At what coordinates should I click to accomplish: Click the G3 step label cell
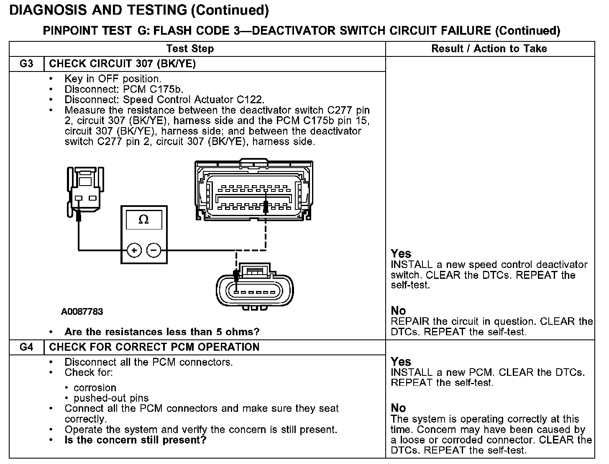(26, 64)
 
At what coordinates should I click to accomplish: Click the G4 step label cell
(26, 347)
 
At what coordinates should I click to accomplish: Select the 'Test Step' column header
(190, 49)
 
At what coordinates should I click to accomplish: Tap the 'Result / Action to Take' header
(489, 49)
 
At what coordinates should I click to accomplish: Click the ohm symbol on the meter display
(143, 219)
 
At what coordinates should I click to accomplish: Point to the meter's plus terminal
(134, 251)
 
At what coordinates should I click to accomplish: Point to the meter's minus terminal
(154, 251)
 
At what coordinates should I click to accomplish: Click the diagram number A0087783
(82, 312)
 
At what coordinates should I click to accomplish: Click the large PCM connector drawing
(254, 190)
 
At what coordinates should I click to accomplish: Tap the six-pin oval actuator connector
(255, 288)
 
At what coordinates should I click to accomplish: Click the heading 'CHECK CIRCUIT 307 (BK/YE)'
(123, 64)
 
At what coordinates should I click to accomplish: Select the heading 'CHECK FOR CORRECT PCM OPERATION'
(154, 347)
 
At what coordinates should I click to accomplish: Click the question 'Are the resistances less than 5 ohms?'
(162, 332)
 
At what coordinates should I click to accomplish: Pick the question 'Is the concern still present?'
(136, 440)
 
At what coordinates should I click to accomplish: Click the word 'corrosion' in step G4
(95, 388)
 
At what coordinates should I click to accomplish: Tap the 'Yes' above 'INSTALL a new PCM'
(401, 362)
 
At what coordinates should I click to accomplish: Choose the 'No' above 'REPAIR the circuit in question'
(398, 311)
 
